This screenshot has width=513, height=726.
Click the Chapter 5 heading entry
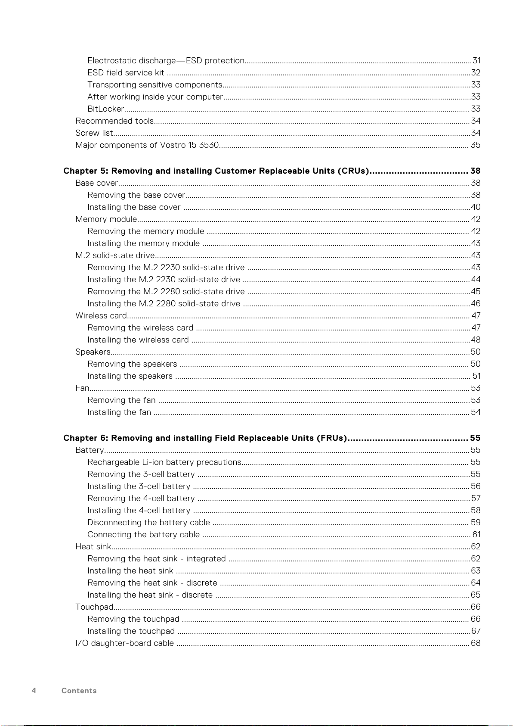(216, 171)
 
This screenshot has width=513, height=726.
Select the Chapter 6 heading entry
(205, 438)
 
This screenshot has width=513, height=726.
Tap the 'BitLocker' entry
(105, 109)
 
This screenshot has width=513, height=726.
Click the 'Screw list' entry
(94, 133)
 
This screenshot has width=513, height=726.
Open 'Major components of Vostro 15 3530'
(147, 145)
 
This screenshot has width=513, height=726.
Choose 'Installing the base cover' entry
(134, 207)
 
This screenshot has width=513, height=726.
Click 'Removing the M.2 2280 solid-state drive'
(166, 292)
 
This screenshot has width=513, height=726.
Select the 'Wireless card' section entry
(101, 316)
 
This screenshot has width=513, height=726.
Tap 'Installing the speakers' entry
(130, 376)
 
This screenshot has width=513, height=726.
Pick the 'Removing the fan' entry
(121, 400)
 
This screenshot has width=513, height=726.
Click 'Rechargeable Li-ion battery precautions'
(164, 462)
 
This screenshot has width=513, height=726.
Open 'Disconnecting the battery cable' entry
(148, 523)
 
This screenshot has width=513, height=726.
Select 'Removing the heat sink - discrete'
(152, 583)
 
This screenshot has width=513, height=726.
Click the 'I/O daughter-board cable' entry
(124, 643)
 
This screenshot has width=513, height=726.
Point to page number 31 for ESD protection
(476, 61)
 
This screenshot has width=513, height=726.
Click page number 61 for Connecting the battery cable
(476, 535)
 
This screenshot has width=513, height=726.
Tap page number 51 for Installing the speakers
(476, 376)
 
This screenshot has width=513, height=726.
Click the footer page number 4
(34, 691)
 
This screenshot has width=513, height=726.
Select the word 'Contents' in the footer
(79, 691)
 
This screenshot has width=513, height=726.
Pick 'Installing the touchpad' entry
(131, 631)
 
